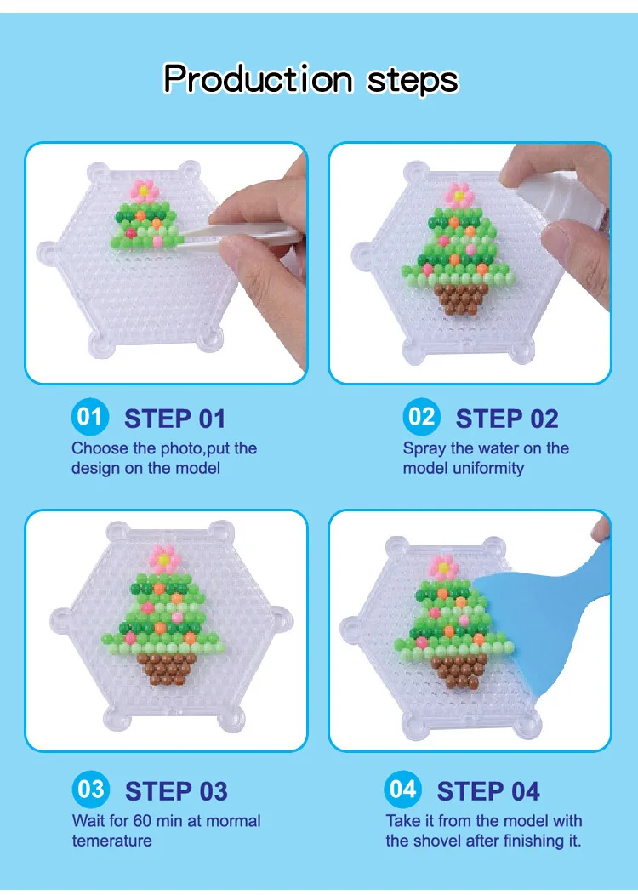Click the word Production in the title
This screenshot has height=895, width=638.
[258, 79]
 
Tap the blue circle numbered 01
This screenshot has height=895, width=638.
[89, 417]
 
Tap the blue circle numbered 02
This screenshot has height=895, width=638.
[421, 417]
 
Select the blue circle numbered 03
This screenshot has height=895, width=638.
[90, 789]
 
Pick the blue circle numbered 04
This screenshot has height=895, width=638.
[402, 789]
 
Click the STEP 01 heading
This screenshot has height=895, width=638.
[175, 419]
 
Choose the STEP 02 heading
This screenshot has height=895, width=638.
[507, 419]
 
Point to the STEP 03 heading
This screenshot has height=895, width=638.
[176, 791]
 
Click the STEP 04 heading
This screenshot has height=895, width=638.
[488, 791]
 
